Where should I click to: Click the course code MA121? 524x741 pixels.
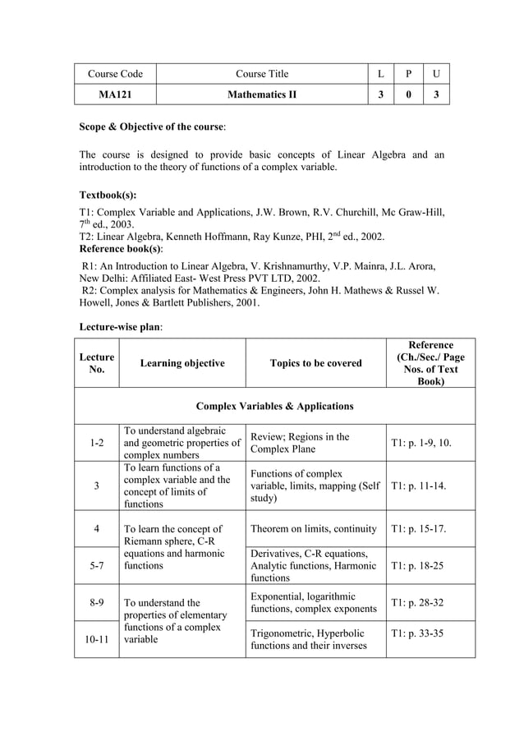pos(115,94)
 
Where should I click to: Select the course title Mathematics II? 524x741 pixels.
pos(262,94)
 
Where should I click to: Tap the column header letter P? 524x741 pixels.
pos(408,74)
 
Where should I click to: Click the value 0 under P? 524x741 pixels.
pos(408,94)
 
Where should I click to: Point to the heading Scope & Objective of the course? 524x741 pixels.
pos(153,127)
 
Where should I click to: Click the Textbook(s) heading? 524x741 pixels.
pos(108,196)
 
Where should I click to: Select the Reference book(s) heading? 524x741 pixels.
pos(121,248)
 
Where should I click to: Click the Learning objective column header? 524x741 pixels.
pos(182,363)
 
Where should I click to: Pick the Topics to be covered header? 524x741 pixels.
pos(315,363)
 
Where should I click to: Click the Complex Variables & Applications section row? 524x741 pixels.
pos(275,406)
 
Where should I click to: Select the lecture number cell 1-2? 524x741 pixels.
pos(96,443)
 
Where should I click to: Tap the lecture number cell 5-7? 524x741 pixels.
pos(96,565)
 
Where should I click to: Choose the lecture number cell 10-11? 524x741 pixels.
pos(96,639)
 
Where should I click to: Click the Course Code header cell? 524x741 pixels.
pos(115,74)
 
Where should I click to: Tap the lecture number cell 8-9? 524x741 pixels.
pos(96,602)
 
